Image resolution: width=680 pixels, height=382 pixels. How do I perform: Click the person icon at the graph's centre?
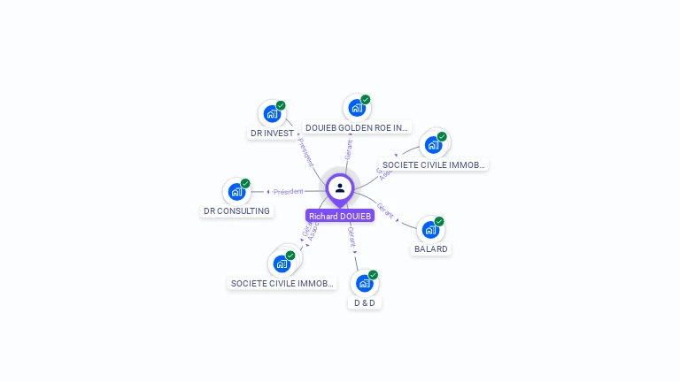(x=340, y=187)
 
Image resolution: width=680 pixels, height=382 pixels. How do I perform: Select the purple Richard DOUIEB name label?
(x=340, y=216)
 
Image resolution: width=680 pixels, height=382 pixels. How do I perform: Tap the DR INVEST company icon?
(x=271, y=113)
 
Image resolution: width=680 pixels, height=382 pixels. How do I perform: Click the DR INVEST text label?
(x=272, y=134)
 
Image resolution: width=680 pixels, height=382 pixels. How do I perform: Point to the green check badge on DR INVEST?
(x=281, y=105)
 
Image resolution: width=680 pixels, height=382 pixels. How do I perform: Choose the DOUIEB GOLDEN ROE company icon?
(x=356, y=108)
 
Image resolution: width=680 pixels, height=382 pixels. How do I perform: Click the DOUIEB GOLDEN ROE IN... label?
(x=358, y=127)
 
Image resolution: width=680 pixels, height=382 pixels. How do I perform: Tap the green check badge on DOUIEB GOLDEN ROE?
(x=366, y=100)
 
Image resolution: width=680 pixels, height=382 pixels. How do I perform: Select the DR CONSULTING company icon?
(x=236, y=191)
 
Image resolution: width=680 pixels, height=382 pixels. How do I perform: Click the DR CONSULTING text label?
(x=236, y=211)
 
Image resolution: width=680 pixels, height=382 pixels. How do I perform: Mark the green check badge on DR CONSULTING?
(x=245, y=183)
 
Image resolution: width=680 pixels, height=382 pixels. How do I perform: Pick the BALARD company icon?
(x=429, y=230)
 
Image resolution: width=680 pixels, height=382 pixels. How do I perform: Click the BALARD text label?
(x=431, y=249)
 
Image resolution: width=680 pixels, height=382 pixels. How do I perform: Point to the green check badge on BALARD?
(x=439, y=222)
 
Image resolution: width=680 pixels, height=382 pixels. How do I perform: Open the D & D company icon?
(x=364, y=283)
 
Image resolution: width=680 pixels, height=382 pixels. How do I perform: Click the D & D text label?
(x=365, y=302)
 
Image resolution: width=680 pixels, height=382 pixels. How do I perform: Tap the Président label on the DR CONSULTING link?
(x=289, y=192)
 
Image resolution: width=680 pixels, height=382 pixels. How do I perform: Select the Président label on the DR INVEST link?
(x=305, y=151)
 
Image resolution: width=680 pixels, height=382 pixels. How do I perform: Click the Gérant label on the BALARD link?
(x=385, y=211)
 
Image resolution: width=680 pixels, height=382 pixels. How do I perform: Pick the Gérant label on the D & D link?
(x=352, y=236)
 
